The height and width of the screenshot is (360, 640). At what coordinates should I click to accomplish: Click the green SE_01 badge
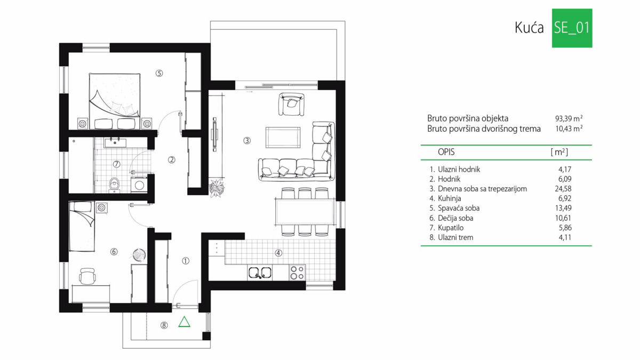[x=572, y=28]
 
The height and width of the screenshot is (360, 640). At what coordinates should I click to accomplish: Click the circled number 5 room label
[x=159, y=74]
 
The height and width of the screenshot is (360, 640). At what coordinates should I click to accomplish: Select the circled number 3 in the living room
[x=247, y=141]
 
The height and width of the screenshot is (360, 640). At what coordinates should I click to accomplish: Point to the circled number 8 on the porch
[x=164, y=325]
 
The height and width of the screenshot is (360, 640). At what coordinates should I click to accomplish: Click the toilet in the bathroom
[x=115, y=185]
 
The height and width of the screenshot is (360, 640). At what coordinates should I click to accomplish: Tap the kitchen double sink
[x=260, y=273]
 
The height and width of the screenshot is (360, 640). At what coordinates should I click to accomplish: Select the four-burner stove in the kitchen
[x=297, y=273]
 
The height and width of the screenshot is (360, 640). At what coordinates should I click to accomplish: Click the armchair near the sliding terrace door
[x=291, y=105]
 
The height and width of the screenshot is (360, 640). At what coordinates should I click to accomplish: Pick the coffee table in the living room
[x=283, y=138]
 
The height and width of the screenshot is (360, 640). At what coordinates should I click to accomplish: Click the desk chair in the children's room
[x=87, y=276]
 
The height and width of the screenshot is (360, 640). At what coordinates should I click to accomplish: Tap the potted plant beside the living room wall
[x=217, y=188]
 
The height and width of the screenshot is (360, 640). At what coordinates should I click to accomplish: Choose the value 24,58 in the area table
[x=563, y=189]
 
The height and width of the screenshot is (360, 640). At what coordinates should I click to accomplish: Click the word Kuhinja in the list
[x=450, y=198]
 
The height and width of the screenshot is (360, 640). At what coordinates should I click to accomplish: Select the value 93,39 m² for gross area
[x=569, y=118]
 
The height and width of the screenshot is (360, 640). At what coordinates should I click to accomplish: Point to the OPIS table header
[x=446, y=152]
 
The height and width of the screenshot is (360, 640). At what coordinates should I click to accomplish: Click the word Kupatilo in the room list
[x=451, y=228]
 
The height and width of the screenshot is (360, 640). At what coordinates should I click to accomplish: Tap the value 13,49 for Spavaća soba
[x=563, y=208]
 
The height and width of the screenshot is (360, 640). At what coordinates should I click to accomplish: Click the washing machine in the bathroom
[x=139, y=185]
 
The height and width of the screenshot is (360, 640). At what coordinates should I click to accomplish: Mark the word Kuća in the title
[x=529, y=28]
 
